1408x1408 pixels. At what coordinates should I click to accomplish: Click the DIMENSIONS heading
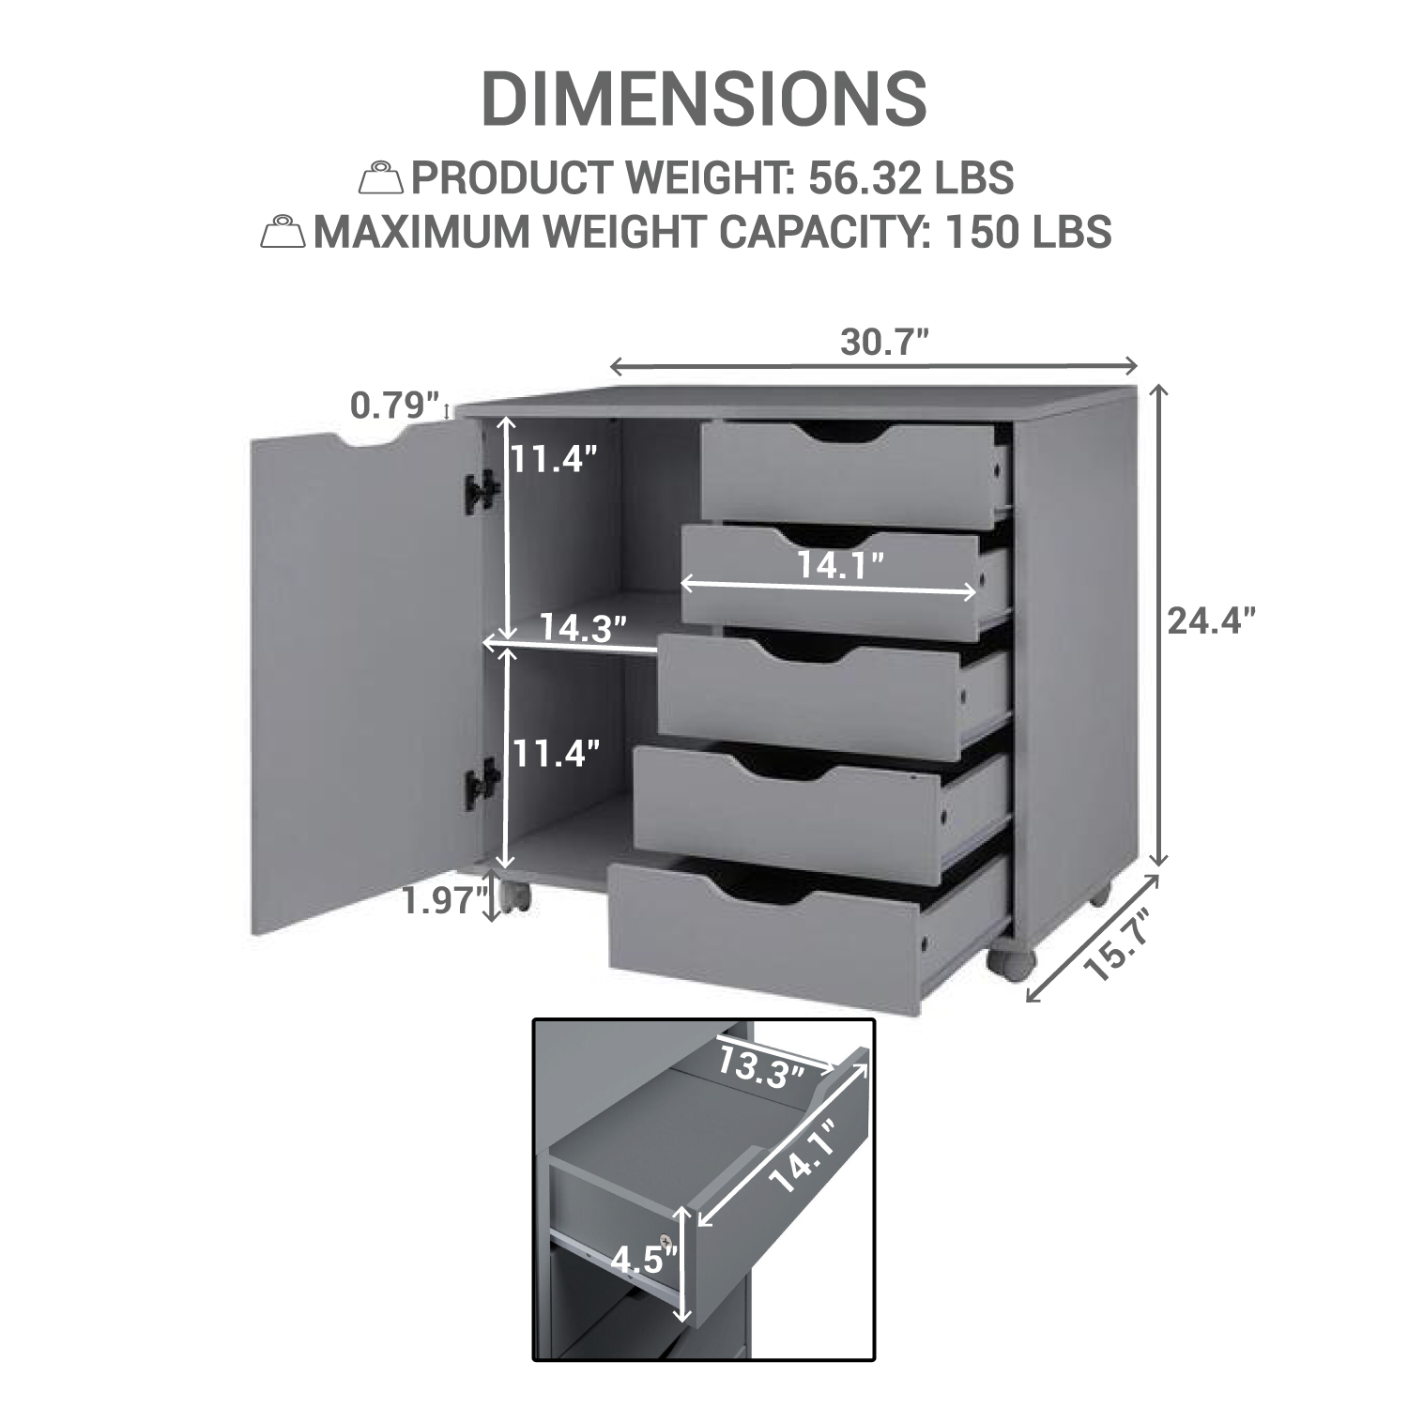(704, 99)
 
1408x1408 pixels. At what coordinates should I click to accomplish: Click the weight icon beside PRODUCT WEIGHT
(383, 177)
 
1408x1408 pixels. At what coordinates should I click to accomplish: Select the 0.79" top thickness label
(395, 406)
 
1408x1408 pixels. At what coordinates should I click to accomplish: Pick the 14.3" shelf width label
(583, 627)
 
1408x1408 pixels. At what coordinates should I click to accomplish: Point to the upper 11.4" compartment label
(554, 459)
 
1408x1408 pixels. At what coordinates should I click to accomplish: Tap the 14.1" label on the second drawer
(841, 565)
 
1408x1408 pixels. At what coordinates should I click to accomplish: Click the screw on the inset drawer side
(666, 1239)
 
